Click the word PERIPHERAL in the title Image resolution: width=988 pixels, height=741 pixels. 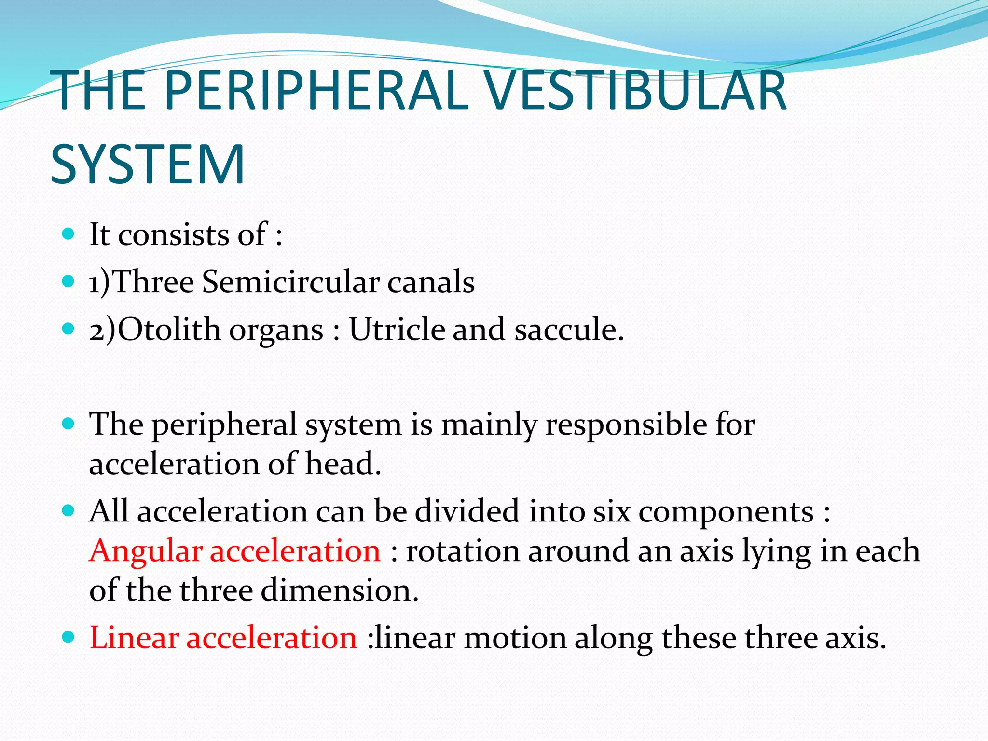tap(316, 91)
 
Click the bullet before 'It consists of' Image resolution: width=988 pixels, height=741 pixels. tap(69, 234)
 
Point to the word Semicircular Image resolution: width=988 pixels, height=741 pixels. tap(291, 282)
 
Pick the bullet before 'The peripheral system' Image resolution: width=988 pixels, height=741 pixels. tap(69, 424)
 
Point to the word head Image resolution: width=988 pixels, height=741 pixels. tap(343, 464)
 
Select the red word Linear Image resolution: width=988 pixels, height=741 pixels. tap(134, 638)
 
